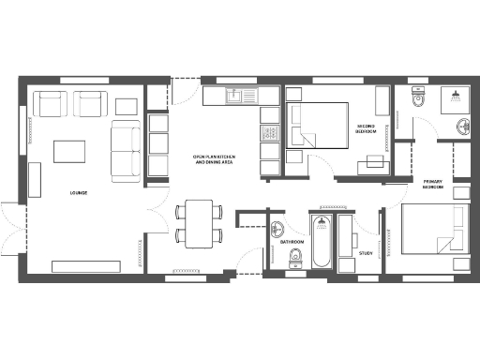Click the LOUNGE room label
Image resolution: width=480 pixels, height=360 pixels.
[x=79, y=193]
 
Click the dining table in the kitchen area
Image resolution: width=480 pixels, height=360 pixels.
[x=198, y=222]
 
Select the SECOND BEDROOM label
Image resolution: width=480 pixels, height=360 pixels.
[x=367, y=128]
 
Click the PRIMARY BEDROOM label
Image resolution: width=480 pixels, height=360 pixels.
[x=433, y=184]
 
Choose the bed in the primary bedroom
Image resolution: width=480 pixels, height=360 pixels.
[x=435, y=236]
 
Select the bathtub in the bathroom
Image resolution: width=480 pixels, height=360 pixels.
[x=321, y=244]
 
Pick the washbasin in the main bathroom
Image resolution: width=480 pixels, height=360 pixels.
[x=278, y=228]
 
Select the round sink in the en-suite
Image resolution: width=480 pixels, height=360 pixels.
[x=461, y=127]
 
